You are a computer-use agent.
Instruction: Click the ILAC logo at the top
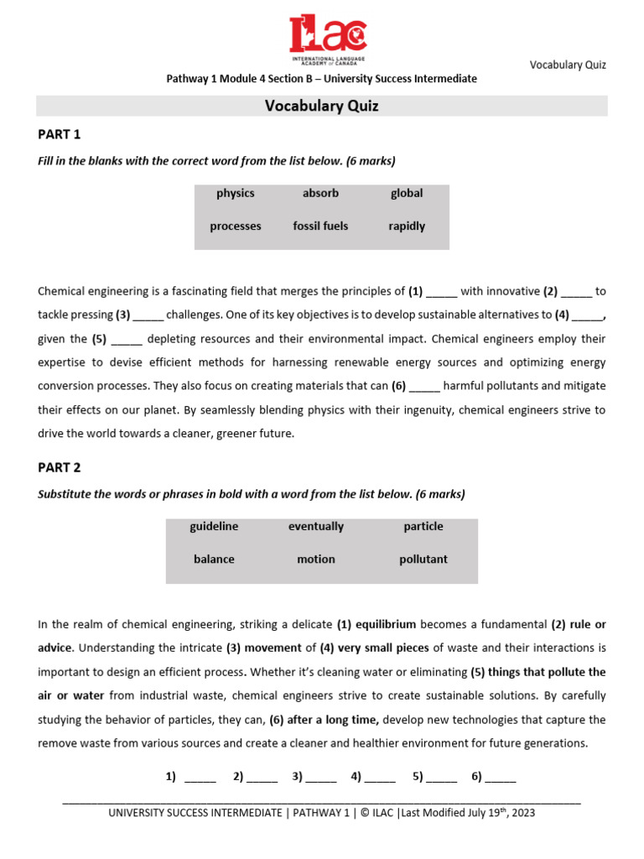click(x=328, y=39)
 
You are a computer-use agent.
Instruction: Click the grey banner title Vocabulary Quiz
click(x=322, y=106)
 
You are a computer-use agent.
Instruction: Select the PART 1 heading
click(x=60, y=134)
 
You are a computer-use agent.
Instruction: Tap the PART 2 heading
click(x=60, y=467)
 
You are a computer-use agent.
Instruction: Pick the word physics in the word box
click(x=235, y=193)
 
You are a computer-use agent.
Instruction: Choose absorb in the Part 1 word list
click(x=320, y=193)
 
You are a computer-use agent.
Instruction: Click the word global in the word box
click(x=407, y=193)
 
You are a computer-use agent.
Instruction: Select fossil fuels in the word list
click(x=320, y=226)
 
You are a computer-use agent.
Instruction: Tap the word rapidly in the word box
click(x=407, y=226)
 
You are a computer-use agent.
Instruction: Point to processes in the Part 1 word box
click(x=235, y=226)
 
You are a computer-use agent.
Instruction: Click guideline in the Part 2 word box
click(x=214, y=526)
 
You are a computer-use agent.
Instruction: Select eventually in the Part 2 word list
click(x=316, y=526)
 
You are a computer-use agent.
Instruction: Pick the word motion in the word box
click(x=316, y=559)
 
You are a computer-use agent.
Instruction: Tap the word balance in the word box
click(x=214, y=559)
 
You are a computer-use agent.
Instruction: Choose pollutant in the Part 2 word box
click(x=423, y=559)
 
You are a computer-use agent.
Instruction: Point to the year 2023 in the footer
click(x=522, y=813)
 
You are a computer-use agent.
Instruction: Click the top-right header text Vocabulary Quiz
click(x=568, y=65)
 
